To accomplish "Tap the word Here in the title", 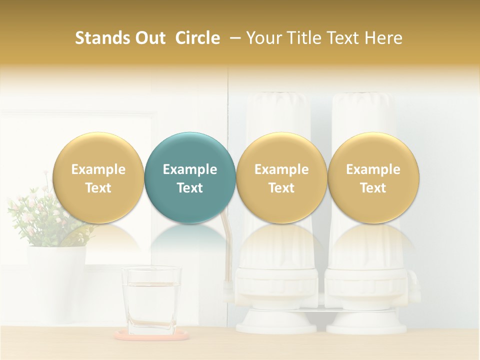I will tap(384, 38).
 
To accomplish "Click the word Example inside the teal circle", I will tap(190, 169).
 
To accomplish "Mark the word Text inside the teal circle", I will tap(190, 188).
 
